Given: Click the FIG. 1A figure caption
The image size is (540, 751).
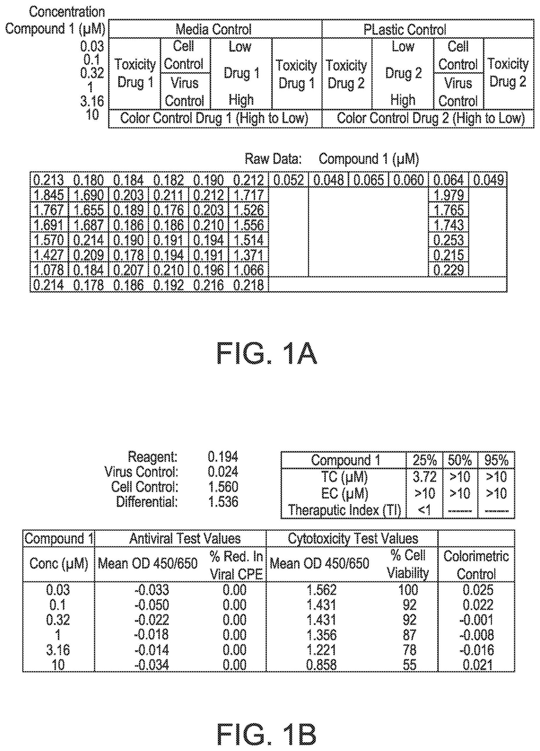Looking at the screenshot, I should click(267, 354).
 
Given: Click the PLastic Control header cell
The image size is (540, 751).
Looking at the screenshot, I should click(405, 29).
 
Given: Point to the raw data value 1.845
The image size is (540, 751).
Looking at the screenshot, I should click(49, 195).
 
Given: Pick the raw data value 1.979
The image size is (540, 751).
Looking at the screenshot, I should click(448, 195).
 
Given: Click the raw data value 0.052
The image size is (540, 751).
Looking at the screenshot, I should click(288, 180).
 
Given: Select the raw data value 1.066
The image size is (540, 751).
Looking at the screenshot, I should click(249, 270).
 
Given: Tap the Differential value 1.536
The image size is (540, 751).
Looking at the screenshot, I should click(223, 502).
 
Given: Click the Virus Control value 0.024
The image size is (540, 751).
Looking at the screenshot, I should click(223, 472).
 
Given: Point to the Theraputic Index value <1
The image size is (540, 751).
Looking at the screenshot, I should click(424, 510).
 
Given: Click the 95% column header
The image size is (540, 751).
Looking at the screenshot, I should click(496, 460).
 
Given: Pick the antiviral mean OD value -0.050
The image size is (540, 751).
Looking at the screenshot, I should click(152, 605).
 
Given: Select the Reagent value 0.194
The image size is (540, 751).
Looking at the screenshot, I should click(223, 457).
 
